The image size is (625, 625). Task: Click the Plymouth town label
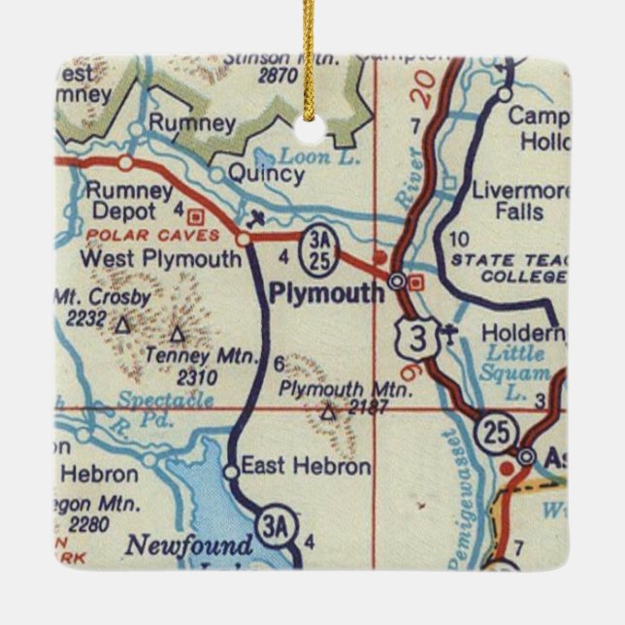[326, 293]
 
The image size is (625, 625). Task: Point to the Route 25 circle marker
[497, 433]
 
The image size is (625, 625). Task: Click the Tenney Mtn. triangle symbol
[177, 334]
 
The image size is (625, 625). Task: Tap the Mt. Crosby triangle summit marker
[122, 326]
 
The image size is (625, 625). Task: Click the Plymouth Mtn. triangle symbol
[328, 412]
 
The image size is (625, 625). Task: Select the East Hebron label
[305, 467]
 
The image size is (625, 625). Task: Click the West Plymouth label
[160, 259]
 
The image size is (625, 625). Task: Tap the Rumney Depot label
[127, 201]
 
